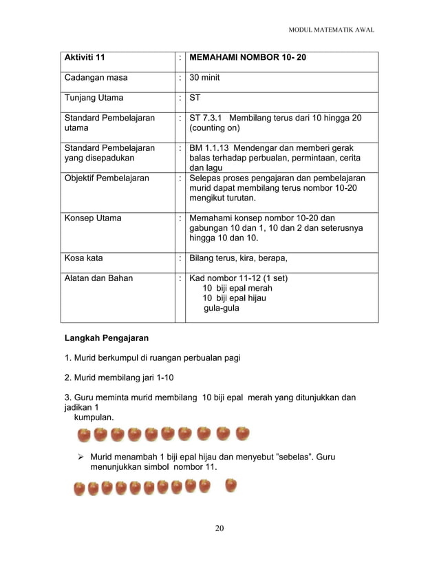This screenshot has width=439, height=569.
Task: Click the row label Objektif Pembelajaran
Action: (107, 178)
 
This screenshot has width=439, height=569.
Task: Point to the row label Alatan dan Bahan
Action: (99, 278)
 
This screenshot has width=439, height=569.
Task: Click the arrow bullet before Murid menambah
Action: (81, 457)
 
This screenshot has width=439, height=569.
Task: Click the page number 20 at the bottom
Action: (219, 528)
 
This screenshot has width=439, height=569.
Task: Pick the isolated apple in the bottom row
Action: (231, 486)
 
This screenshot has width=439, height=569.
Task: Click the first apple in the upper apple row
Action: (84, 435)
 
